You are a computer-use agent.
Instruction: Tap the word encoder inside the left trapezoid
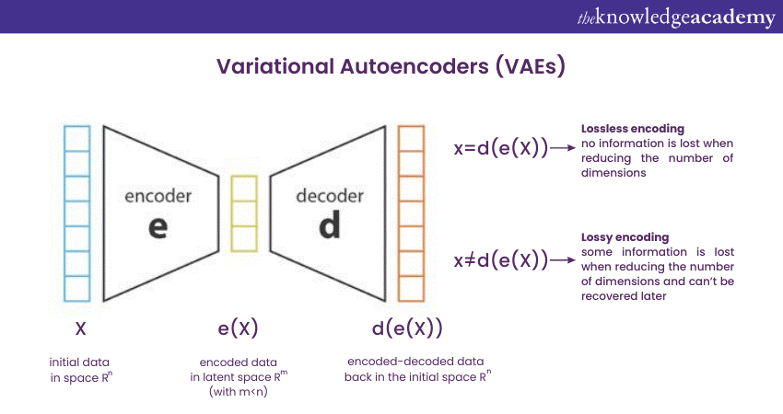click(x=158, y=196)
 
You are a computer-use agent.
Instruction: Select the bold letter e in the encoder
click(x=158, y=225)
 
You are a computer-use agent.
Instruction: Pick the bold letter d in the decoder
click(x=329, y=225)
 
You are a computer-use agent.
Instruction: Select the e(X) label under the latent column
click(x=238, y=328)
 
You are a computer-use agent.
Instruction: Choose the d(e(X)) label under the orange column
click(x=406, y=328)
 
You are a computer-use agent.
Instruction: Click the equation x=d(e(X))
click(x=501, y=148)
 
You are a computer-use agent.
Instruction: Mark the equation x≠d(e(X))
click(x=501, y=260)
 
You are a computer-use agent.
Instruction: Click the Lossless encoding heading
click(x=625, y=129)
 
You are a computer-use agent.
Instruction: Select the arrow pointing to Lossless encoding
click(x=562, y=148)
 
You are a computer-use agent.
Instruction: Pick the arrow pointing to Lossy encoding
click(x=562, y=260)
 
